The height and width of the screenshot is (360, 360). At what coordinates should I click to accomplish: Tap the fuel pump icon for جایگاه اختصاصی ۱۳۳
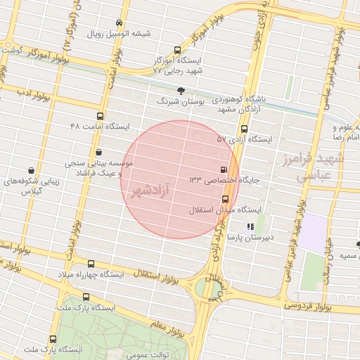[x=224, y=169]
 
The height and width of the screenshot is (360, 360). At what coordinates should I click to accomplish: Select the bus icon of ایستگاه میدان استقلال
[x=225, y=198]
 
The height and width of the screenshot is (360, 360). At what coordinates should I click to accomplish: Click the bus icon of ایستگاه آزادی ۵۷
[x=244, y=129]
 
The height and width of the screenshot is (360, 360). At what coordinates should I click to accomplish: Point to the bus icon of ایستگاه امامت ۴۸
[x=100, y=117]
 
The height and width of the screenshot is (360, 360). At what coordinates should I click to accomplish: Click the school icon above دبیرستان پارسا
[x=251, y=226]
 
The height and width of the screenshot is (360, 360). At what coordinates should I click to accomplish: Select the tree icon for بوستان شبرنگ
[x=181, y=90]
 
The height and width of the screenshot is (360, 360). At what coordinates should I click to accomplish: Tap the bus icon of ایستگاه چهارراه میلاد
[x=91, y=264]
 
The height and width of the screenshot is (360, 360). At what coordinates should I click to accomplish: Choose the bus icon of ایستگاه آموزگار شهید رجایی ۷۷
[x=177, y=50]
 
